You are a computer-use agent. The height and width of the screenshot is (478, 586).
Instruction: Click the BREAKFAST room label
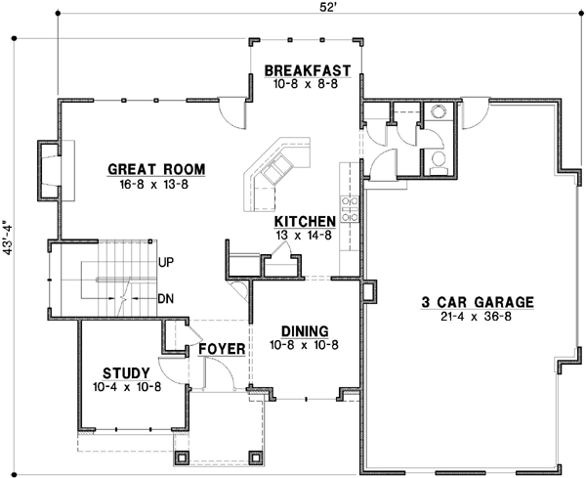click(x=307, y=70)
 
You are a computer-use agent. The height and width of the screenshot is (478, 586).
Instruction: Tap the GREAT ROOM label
click(x=149, y=169)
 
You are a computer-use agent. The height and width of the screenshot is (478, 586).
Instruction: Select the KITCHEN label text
click(x=306, y=222)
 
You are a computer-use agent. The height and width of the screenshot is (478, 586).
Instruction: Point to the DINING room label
click(x=303, y=330)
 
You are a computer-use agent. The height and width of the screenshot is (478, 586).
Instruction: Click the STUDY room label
click(x=126, y=372)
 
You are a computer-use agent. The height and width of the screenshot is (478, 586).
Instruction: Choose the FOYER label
click(x=221, y=348)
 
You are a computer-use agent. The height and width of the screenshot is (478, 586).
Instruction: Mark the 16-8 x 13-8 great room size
click(x=149, y=184)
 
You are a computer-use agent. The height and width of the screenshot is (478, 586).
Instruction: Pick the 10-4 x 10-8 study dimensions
click(x=126, y=387)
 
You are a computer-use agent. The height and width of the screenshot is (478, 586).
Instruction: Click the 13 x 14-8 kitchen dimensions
click(x=306, y=236)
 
